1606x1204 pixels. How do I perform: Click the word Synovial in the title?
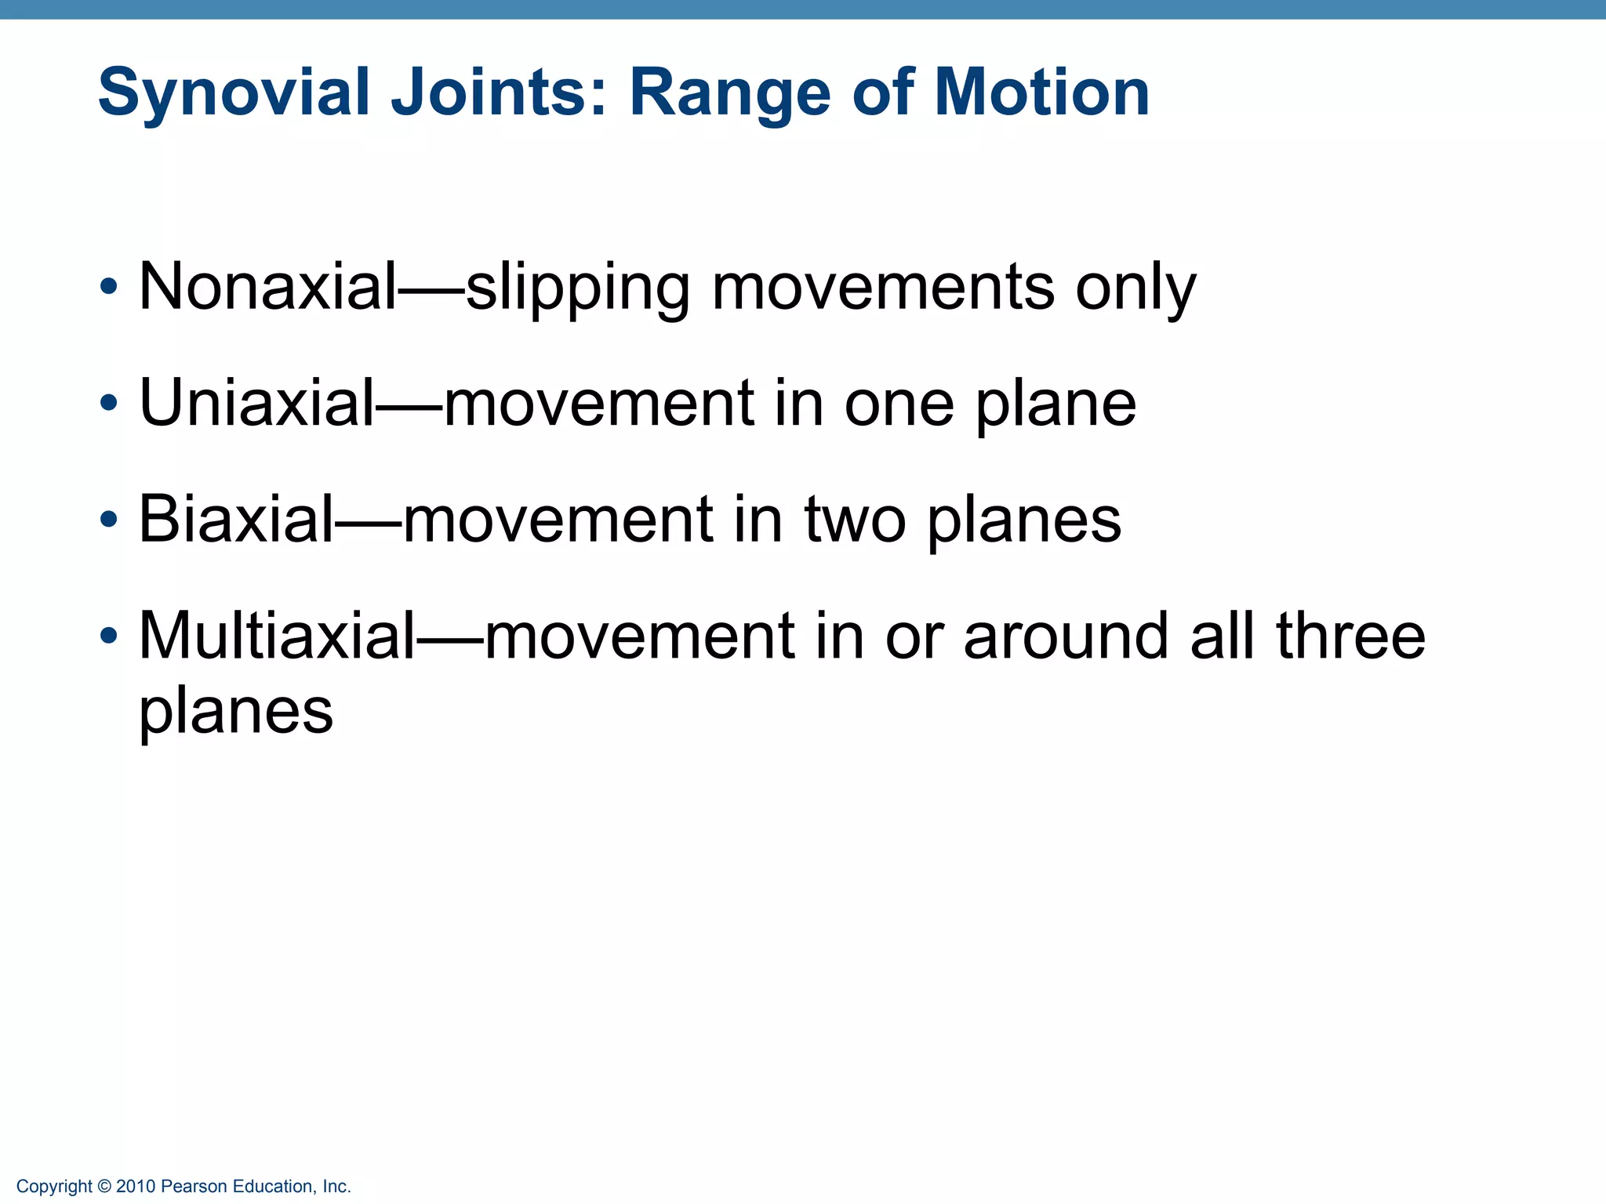pyautogui.click(x=234, y=92)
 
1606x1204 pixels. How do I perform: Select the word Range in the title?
pyautogui.click(x=729, y=92)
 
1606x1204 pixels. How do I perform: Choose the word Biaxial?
pyautogui.click(x=236, y=519)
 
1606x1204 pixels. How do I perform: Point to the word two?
pyautogui.click(x=856, y=519)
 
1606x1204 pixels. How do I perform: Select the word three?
pyautogui.click(x=1350, y=635)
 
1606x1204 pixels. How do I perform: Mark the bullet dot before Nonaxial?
pyautogui.click(x=109, y=287)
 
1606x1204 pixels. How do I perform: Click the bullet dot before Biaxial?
pyautogui.click(x=109, y=519)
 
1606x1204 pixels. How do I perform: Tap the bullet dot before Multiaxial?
pyautogui.click(x=109, y=635)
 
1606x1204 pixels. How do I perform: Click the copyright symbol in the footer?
pyautogui.click(x=104, y=1187)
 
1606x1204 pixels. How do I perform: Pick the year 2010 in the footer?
pyautogui.click(x=136, y=1187)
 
